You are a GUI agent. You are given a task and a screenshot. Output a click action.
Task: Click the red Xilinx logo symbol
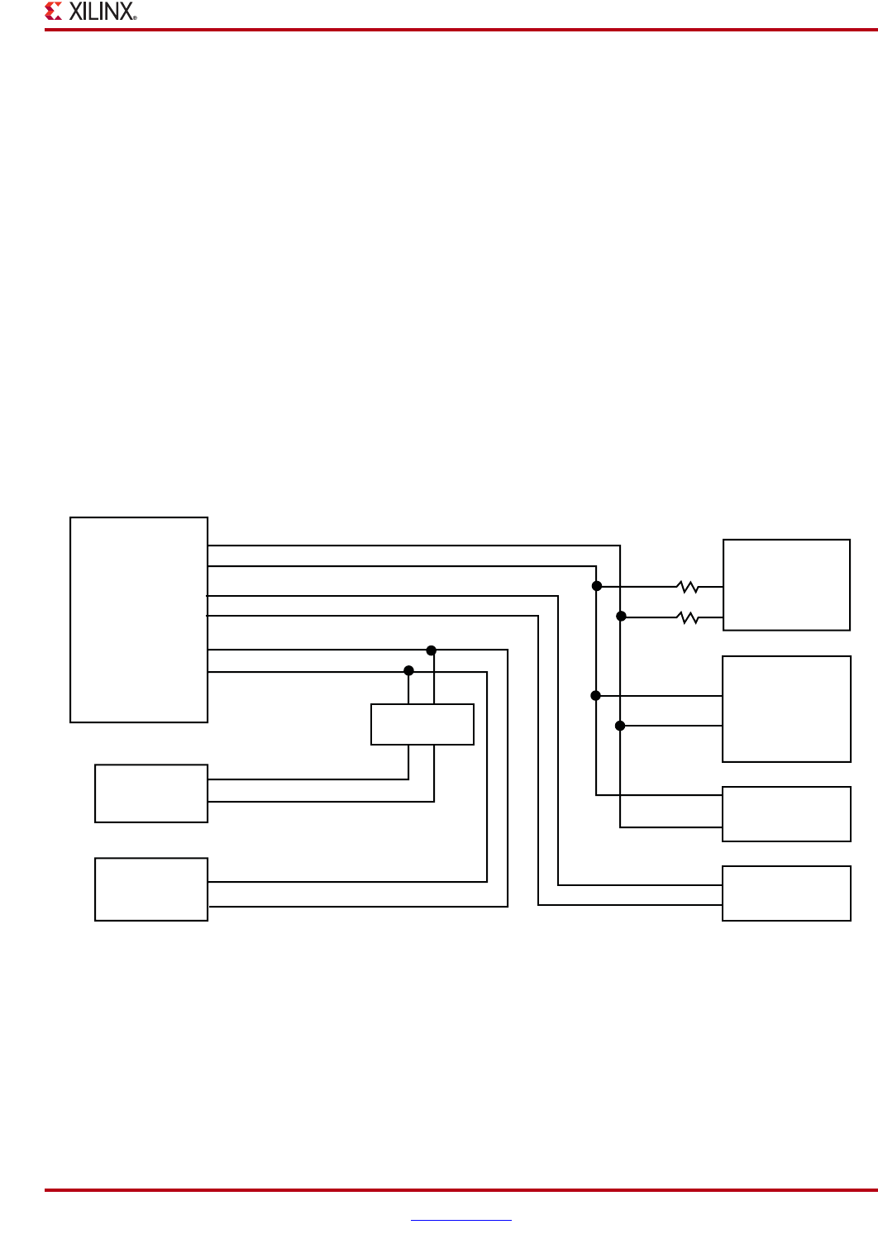pyautogui.click(x=54, y=12)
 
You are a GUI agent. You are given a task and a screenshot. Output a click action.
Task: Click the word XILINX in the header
pyautogui.click(x=100, y=12)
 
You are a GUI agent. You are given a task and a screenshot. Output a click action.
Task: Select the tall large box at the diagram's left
pyautogui.click(x=139, y=620)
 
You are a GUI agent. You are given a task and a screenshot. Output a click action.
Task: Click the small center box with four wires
pyautogui.click(x=422, y=724)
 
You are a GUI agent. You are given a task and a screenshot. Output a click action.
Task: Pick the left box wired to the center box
pyautogui.click(x=151, y=793)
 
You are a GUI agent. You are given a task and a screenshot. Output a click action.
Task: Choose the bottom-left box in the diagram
pyautogui.click(x=151, y=889)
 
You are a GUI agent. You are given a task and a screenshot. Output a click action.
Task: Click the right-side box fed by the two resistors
pyautogui.click(x=786, y=585)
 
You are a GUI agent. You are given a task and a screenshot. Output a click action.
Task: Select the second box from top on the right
pyautogui.click(x=786, y=709)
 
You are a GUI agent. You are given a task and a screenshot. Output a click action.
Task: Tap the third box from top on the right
pyautogui.click(x=786, y=814)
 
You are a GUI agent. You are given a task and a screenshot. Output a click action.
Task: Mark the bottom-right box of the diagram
pyautogui.click(x=786, y=893)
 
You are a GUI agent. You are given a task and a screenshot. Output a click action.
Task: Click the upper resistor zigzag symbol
pyautogui.click(x=688, y=587)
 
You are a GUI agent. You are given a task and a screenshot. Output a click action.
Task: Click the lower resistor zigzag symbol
pyautogui.click(x=688, y=617)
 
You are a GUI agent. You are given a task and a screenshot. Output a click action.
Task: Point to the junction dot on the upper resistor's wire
pyautogui.click(x=597, y=586)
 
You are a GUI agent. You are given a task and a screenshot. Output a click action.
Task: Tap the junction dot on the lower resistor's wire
pyautogui.click(x=621, y=617)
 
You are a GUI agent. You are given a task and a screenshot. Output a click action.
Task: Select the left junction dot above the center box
pyautogui.click(x=408, y=670)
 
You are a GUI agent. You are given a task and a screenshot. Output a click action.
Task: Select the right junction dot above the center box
pyautogui.click(x=432, y=650)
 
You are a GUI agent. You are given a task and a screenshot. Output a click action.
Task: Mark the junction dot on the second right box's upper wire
pyautogui.click(x=596, y=696)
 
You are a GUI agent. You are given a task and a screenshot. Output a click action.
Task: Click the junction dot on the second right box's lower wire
pyautogui.click(x=620, y=726)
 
